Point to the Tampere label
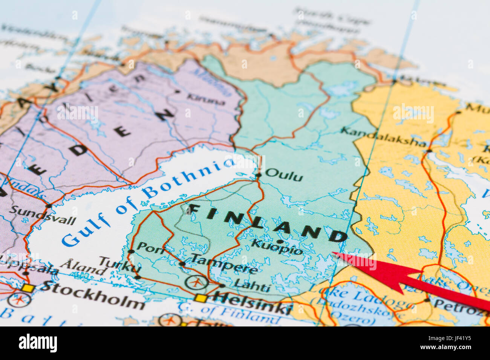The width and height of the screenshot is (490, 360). [224, 263]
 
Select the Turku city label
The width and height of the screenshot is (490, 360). [120, 264]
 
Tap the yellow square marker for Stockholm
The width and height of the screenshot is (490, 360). [28, 288]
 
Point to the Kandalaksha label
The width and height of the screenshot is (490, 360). [383, 136]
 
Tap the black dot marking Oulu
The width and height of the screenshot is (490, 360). [259, 175]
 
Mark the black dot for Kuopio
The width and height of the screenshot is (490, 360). [279, 241]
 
